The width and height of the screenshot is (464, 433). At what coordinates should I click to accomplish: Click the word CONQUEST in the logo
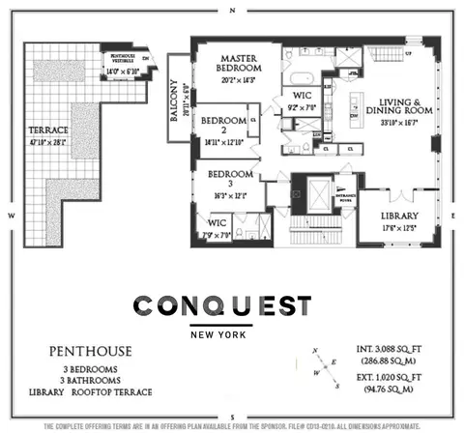[222, 306]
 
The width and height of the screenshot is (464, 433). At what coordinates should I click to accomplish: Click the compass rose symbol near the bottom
[321, 368]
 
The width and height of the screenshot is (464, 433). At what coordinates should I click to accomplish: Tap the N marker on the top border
[232, 10]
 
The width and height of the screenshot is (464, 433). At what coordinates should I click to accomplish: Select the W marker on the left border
[9, 215]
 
